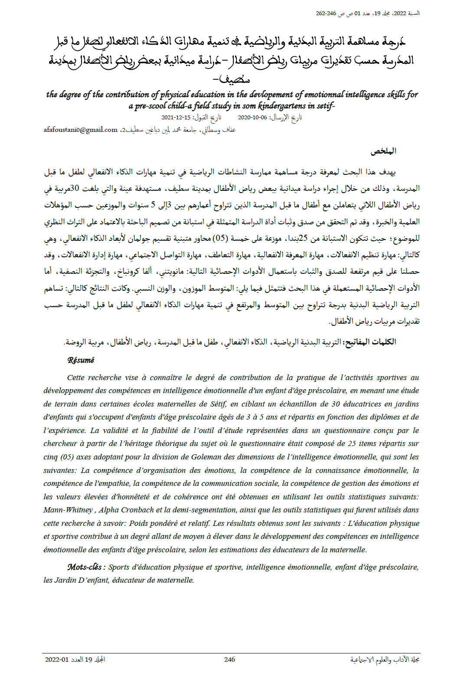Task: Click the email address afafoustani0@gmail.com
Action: (80, 130)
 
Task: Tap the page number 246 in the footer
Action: (229, 660)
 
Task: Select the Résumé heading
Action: (81, 360)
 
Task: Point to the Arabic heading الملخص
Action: (383, 151)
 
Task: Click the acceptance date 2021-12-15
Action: (176, 118)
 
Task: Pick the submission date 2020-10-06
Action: (252, 118)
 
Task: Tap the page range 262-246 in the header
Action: (326, 13)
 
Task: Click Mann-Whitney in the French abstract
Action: (68, 510)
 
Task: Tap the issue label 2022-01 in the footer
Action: (57, 660)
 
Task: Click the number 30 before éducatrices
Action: (336, 404)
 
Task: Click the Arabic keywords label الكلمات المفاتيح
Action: (369, 342)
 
